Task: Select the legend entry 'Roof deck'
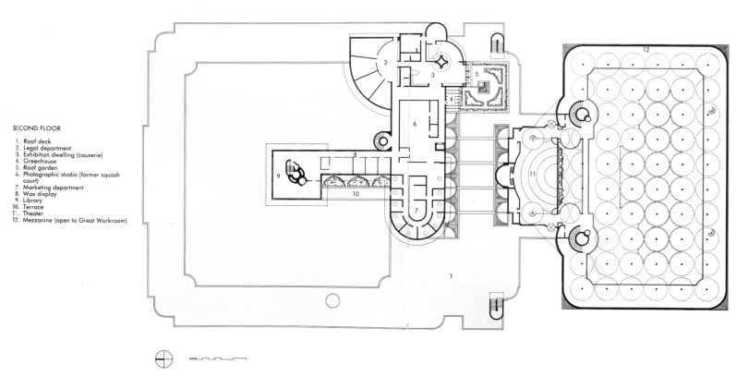[x=37, y=140]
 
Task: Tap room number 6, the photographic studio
[x=416, y=123]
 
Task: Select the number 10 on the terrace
[x=354, y=195]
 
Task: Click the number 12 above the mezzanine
[x=646, y=47]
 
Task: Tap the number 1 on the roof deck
[x=449, y=276]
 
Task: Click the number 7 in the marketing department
[x=416, y=211]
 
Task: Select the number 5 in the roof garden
[x=477, y=74]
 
